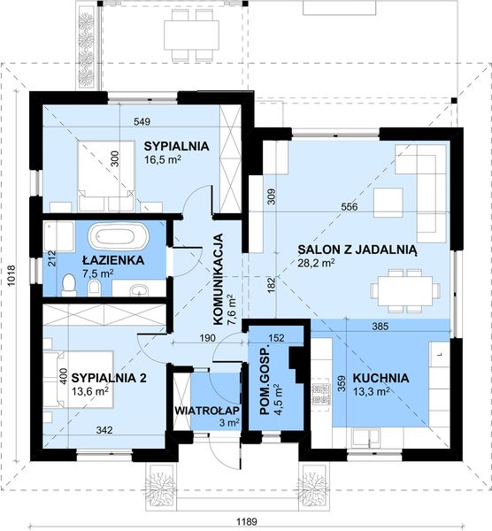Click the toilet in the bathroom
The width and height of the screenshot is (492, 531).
tap(70, 282)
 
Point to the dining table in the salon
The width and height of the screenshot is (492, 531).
tap(404, 288)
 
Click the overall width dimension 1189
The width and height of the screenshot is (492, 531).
tap(247, 520)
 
